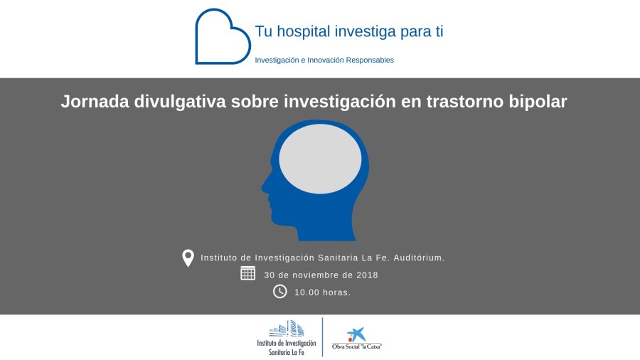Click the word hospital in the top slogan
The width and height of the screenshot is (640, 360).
coord(303,32)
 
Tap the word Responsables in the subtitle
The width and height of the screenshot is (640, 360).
coord(370,60)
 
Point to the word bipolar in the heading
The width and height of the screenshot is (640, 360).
coord(538,102)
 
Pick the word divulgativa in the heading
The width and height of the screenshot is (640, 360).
coord(180,102)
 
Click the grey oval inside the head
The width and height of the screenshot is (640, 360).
coord(320,159)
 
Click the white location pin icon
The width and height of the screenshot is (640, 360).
coord(188,258)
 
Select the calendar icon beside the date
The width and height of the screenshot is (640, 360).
coord(247,273)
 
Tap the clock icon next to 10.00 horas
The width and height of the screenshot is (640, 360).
coord(279,292)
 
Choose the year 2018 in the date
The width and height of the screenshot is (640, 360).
coord(368,275)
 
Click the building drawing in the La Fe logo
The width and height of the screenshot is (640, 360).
coord(287,329)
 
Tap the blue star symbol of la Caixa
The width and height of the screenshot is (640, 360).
coord(358,333)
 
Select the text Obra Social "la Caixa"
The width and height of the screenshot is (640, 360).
coord(357,346)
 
